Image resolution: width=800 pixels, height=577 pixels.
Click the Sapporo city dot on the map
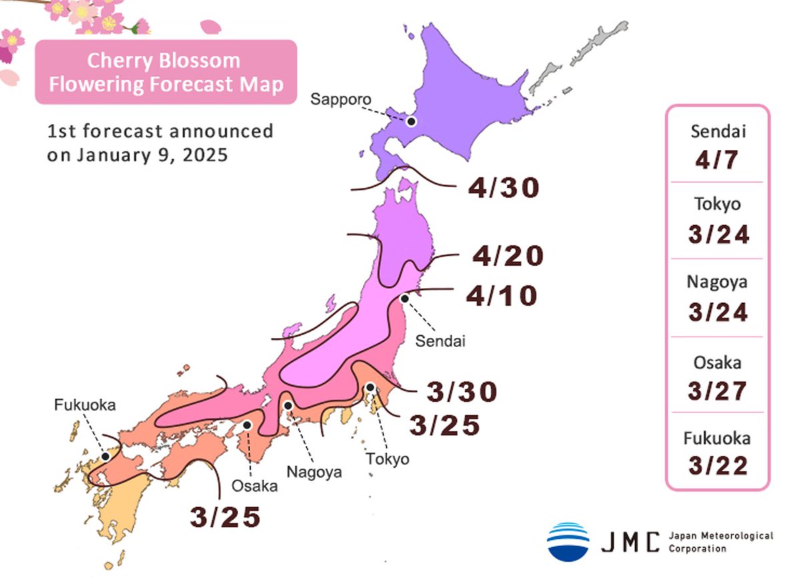click(411, 121)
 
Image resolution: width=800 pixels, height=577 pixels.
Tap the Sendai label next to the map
click(439, 342)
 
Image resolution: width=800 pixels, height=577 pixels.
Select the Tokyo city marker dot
click(370, 387)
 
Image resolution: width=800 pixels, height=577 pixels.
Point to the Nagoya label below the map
click(314, 472)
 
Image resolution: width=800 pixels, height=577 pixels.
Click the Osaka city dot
click(247, 424)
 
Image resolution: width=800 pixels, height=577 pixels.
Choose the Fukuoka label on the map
click(85, 404)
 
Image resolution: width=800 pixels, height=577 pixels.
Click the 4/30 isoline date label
click(503, 189)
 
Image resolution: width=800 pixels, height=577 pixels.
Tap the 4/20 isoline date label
click(508, 256)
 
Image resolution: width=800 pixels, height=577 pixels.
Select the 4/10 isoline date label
click(501, 296)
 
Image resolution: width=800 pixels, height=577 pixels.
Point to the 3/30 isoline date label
click(462, 392)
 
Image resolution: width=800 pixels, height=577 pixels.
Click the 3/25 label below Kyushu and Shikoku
click(224, 517)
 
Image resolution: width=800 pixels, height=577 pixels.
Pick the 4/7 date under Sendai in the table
click(717, 160)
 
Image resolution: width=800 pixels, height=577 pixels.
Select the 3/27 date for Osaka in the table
click(717, 391)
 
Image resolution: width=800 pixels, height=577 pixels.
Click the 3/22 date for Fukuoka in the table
click(717, 466)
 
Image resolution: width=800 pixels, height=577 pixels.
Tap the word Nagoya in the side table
click(717, 282)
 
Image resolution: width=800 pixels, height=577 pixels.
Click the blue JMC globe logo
click(568, 541)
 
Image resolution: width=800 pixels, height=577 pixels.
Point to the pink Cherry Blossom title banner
click(166, 72)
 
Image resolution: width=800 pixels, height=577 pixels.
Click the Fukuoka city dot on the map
click(105, 456)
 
